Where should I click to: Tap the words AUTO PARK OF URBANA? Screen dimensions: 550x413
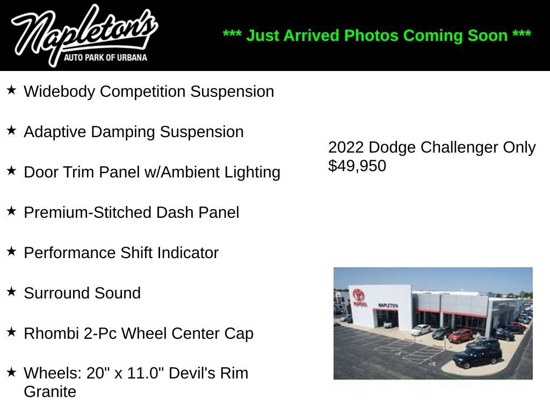[x=105, y=57]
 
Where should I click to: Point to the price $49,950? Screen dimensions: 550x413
[x=357, y=166]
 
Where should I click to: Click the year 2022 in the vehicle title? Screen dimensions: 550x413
[x=346, y=147]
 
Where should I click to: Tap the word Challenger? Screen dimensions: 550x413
[x=459, y=147]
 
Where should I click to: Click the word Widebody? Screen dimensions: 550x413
[x=59, y=91]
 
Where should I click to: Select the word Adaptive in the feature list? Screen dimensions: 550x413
[x=55, y=132]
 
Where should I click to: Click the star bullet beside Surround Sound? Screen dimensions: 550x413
[x=12, y=291]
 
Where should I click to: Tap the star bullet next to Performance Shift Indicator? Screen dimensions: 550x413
[x=12, y=251]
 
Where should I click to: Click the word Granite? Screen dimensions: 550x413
[x=50, y=391]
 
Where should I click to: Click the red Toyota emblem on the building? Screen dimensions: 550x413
[x=358, y=294]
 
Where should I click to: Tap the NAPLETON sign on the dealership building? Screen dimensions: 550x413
[x=388, y=305]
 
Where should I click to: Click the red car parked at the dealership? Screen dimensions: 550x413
[x=460, y=336]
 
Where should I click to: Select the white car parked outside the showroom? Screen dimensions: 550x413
[x=421, y=329]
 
